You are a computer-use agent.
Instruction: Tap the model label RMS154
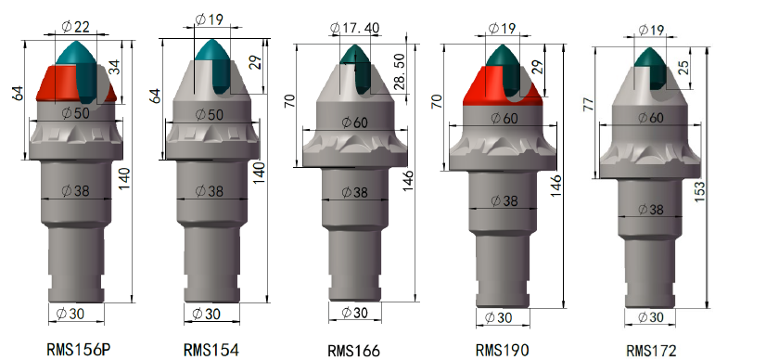click(211, 350)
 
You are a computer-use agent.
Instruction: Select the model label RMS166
click(353, 351)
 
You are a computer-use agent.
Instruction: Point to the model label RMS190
click(502, 350)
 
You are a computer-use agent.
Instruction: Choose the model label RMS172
click(651, 351)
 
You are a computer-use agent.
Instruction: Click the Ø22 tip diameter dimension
click(76, 26)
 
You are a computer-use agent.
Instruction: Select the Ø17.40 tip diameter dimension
click(354, 29)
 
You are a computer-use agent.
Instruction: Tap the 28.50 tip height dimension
click(399, 72)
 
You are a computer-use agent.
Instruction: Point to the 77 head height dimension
click(589, 104)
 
